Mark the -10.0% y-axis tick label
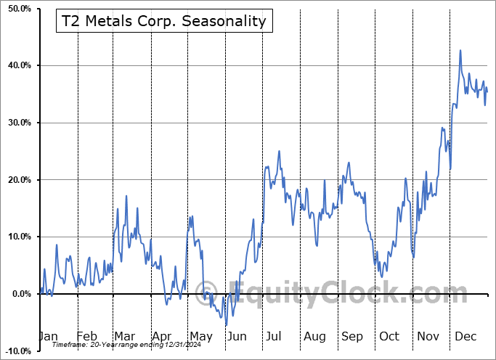[x=16, y=351]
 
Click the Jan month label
[x=48, y=336]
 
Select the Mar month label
[x=123, y=336]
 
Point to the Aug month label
[x=314, y=336]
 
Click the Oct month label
[x=389, y=336]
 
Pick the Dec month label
[x=465, y=336]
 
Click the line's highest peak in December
[x=460, y=50]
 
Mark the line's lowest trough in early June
[x=226, y=326]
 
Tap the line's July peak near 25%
[x=279, y=151]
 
